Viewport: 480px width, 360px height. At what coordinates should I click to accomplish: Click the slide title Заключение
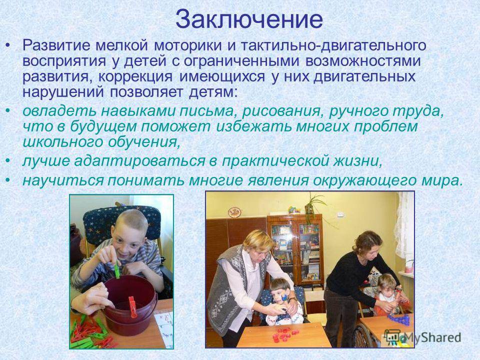249,19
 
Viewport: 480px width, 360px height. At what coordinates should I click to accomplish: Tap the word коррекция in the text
135,76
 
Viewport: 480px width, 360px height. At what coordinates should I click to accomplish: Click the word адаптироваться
139,161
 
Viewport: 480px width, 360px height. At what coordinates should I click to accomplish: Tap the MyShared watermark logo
423,337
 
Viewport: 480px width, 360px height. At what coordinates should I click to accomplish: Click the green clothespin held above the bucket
116,269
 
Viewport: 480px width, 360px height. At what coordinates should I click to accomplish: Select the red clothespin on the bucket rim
132,306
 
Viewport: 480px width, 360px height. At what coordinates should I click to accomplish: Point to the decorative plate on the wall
235,211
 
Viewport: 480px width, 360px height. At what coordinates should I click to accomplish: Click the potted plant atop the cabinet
313,205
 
